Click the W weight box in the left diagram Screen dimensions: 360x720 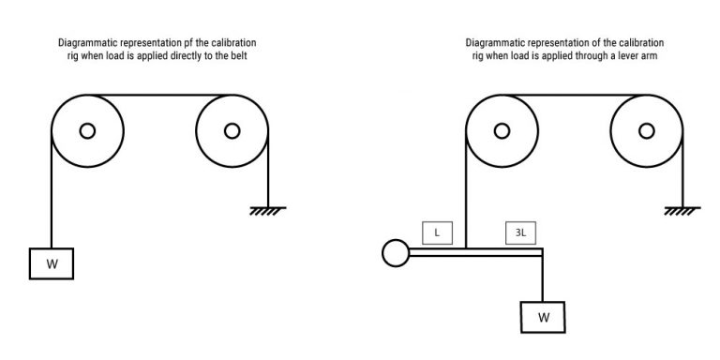coord(52,263)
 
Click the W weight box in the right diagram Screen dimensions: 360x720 coord(544,316)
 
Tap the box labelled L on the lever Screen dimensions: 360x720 coord(437,231)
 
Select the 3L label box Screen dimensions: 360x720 coord(520,231)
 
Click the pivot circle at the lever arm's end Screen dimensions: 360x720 coord(395,251)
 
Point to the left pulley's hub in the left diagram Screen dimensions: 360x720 coord(87,130)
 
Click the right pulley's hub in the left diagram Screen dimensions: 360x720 coord(232,130)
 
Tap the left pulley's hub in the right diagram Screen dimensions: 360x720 coord(501,130)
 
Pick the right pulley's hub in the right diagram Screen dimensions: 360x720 coord(646,130)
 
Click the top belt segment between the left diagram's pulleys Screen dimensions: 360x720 coord(159,95)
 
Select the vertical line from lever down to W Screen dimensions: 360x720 coord(543,277)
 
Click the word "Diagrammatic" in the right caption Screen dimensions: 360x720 coord(497,43)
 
